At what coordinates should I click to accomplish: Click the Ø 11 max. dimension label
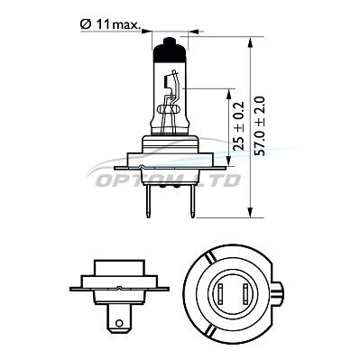[110, 24]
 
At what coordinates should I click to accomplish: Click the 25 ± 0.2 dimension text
[239, 126]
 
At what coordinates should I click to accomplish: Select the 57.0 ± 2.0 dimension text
[259, 126]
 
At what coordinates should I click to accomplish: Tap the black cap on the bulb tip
[169, 50]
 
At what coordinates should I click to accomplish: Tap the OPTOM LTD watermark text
[169, 180]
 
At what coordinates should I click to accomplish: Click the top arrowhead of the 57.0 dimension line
[250, 42]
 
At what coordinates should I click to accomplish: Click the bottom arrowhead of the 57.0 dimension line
[250, 212]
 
